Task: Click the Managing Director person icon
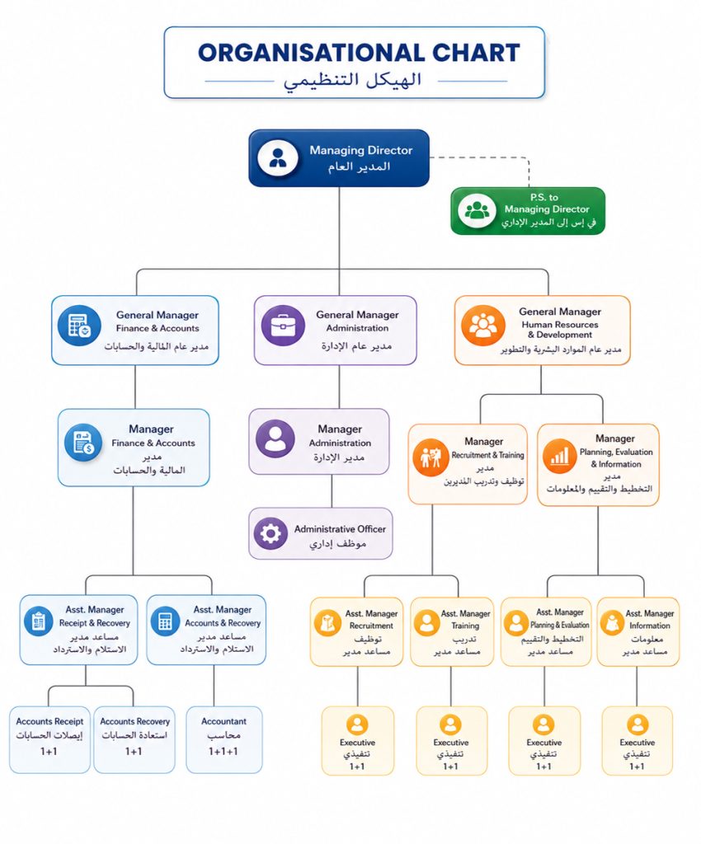point(278,158)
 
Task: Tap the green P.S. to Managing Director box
point(528,210)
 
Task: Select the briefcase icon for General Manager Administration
point(283,326)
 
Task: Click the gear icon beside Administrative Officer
point(271,533)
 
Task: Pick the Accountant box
point(224,739)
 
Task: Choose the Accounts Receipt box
point(49,739)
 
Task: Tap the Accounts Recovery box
point(134,739)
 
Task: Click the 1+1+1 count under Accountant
point(223,751)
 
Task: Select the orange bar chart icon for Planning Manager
point(559,457)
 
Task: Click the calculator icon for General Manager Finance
point(80,326)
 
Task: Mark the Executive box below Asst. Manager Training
point(451,741)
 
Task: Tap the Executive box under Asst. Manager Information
point(637,741)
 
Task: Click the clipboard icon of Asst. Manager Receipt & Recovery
point(38,621)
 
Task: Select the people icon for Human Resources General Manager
point(483,325)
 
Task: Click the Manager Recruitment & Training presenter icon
point(430,457)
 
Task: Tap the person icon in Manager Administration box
point(275,438)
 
